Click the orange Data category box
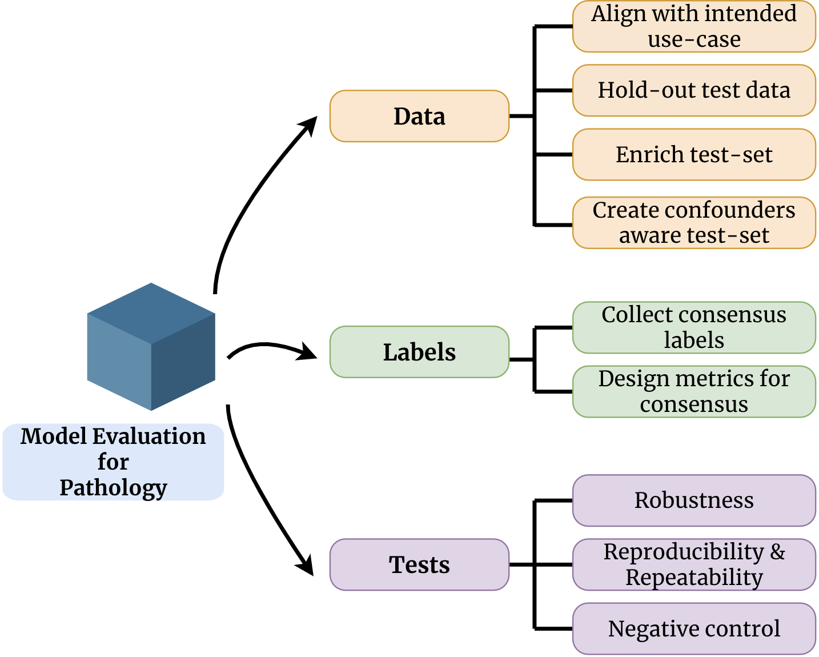coord(419,116)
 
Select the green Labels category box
coord(419,352)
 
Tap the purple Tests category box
coord(419,564)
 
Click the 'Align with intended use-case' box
coord(694,26)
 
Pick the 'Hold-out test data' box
coord(694,90)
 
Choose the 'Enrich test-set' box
coord(694,154)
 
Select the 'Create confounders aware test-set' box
coord(694,223)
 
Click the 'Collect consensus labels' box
coord(694,327)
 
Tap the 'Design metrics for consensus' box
coord(694,391)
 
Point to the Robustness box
coord(694,500)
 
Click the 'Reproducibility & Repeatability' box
coord(694,564)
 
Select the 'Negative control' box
coord(694,628)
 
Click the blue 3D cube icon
coord(151,347)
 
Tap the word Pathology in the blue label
coord(113,488)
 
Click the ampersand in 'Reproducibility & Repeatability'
coord(777,552)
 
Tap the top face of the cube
coord(151,313)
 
